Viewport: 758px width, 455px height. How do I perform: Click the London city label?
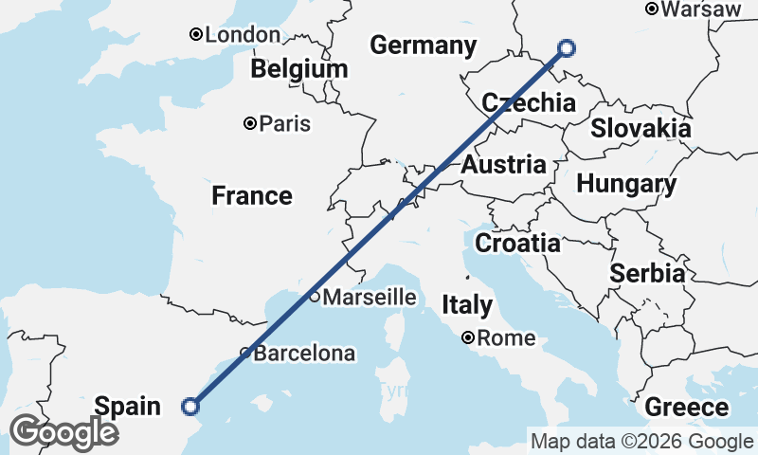(x=242, y=35)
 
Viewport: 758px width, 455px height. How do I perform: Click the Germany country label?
(x=423, y=45)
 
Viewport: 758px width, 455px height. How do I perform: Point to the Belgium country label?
(x=299, y=69)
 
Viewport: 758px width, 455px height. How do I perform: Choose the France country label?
(x=251, y=196)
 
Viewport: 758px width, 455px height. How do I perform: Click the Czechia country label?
(x=529, y=103)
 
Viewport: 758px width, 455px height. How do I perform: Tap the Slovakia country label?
(x=641, y=129)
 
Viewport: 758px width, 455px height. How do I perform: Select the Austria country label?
(x=503, y=165)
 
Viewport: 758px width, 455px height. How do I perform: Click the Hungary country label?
(x=626, y=184)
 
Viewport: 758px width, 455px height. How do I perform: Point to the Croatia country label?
(x=517, y=244)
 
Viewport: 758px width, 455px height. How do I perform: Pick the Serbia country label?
(x=647, y=274)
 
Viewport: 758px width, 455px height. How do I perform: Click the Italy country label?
(x=467, y=305)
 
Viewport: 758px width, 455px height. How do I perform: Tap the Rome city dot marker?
(x=468, y=337)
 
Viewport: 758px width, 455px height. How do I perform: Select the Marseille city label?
(x=369, y=298)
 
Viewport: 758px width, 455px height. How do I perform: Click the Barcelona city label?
(x=304, y=354)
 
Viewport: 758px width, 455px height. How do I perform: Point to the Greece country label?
(x=687, y=409)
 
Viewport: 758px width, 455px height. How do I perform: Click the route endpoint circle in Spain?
(x=190, y=407)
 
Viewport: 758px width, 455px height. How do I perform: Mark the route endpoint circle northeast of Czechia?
(x=567, y=48)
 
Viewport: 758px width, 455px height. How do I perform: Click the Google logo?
(x=64, y=432)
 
